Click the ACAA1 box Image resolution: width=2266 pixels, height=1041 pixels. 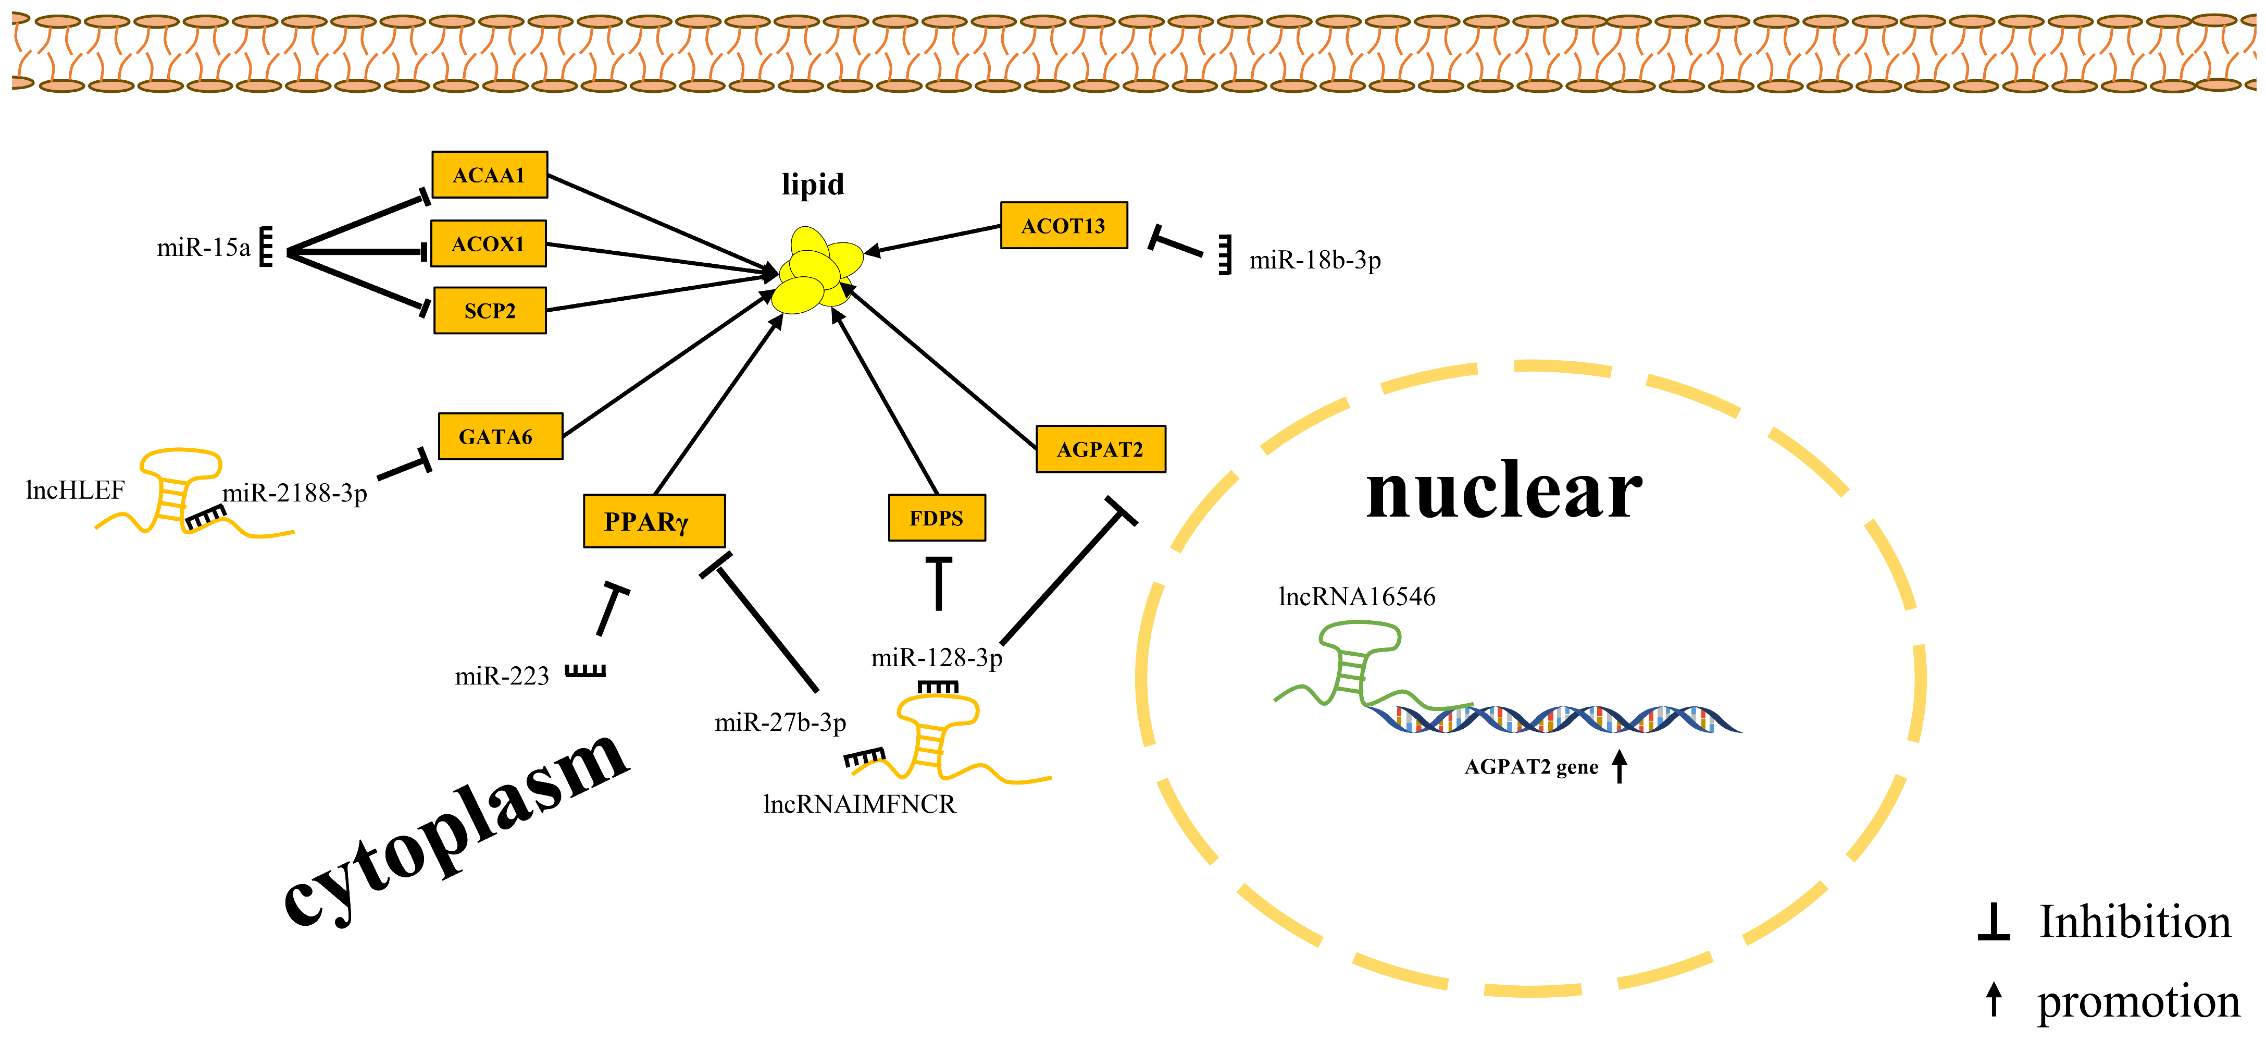click(489, 175)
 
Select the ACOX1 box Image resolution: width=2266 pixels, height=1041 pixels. click(488, 244)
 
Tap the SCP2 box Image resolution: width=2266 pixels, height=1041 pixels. click(489, 311)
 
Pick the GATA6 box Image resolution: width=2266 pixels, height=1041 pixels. click(500, 436)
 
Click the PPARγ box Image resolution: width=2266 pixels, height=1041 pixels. click(654, 521)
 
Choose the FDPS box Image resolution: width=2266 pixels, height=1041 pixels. click(936, 518)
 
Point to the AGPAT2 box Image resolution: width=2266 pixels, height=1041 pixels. click(1101, 450)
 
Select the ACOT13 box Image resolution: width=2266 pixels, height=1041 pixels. click(1064, 225)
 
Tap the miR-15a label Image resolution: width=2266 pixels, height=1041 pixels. click(203, 248)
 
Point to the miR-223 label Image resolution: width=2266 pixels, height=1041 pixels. click(502, 676)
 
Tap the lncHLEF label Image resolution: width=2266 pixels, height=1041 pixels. click(76, 490)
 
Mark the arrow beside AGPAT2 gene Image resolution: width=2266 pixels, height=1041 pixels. click(1620, 766)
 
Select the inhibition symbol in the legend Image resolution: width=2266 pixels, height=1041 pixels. click(1994, 922)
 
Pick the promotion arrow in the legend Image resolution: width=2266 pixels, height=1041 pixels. click(1994, 1000)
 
